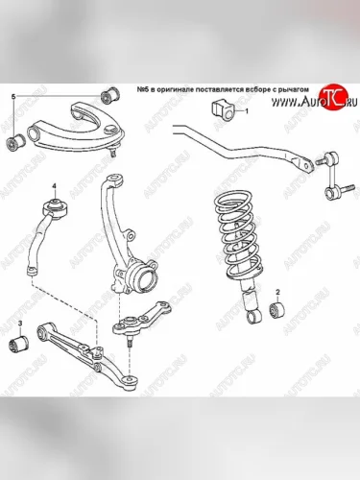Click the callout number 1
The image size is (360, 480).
[247, 111]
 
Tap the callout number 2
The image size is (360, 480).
[277, 292]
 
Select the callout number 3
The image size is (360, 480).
[20, 324]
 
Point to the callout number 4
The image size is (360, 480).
[55, 186]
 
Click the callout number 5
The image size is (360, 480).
[13, 97]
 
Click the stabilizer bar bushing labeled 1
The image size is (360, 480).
[223, 111]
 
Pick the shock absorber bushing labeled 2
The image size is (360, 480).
[277, 310]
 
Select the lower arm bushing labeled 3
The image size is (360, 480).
[18, 344]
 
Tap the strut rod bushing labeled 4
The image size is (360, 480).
[56, 208]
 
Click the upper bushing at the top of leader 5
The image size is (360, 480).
[110, 94]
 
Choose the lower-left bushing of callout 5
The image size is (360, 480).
[16, 143]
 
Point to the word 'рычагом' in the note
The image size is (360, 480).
[295, 90]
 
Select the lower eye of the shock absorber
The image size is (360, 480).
[254, 317]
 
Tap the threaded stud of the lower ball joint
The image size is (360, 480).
[130, 343]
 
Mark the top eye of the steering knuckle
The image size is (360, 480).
[114, 180]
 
